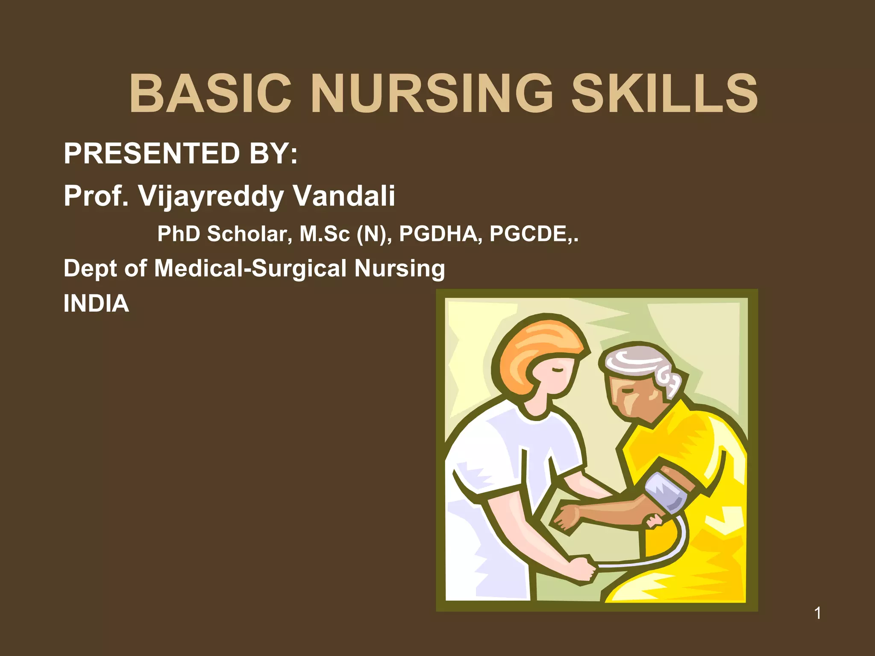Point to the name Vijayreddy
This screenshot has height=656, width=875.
211,196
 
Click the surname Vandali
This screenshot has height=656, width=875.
344,196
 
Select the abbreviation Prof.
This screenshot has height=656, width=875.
96,196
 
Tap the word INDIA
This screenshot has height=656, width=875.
96,303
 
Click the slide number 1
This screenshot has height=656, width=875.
817,613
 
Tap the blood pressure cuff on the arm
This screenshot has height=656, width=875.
667,491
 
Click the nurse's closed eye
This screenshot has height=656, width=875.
558,369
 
